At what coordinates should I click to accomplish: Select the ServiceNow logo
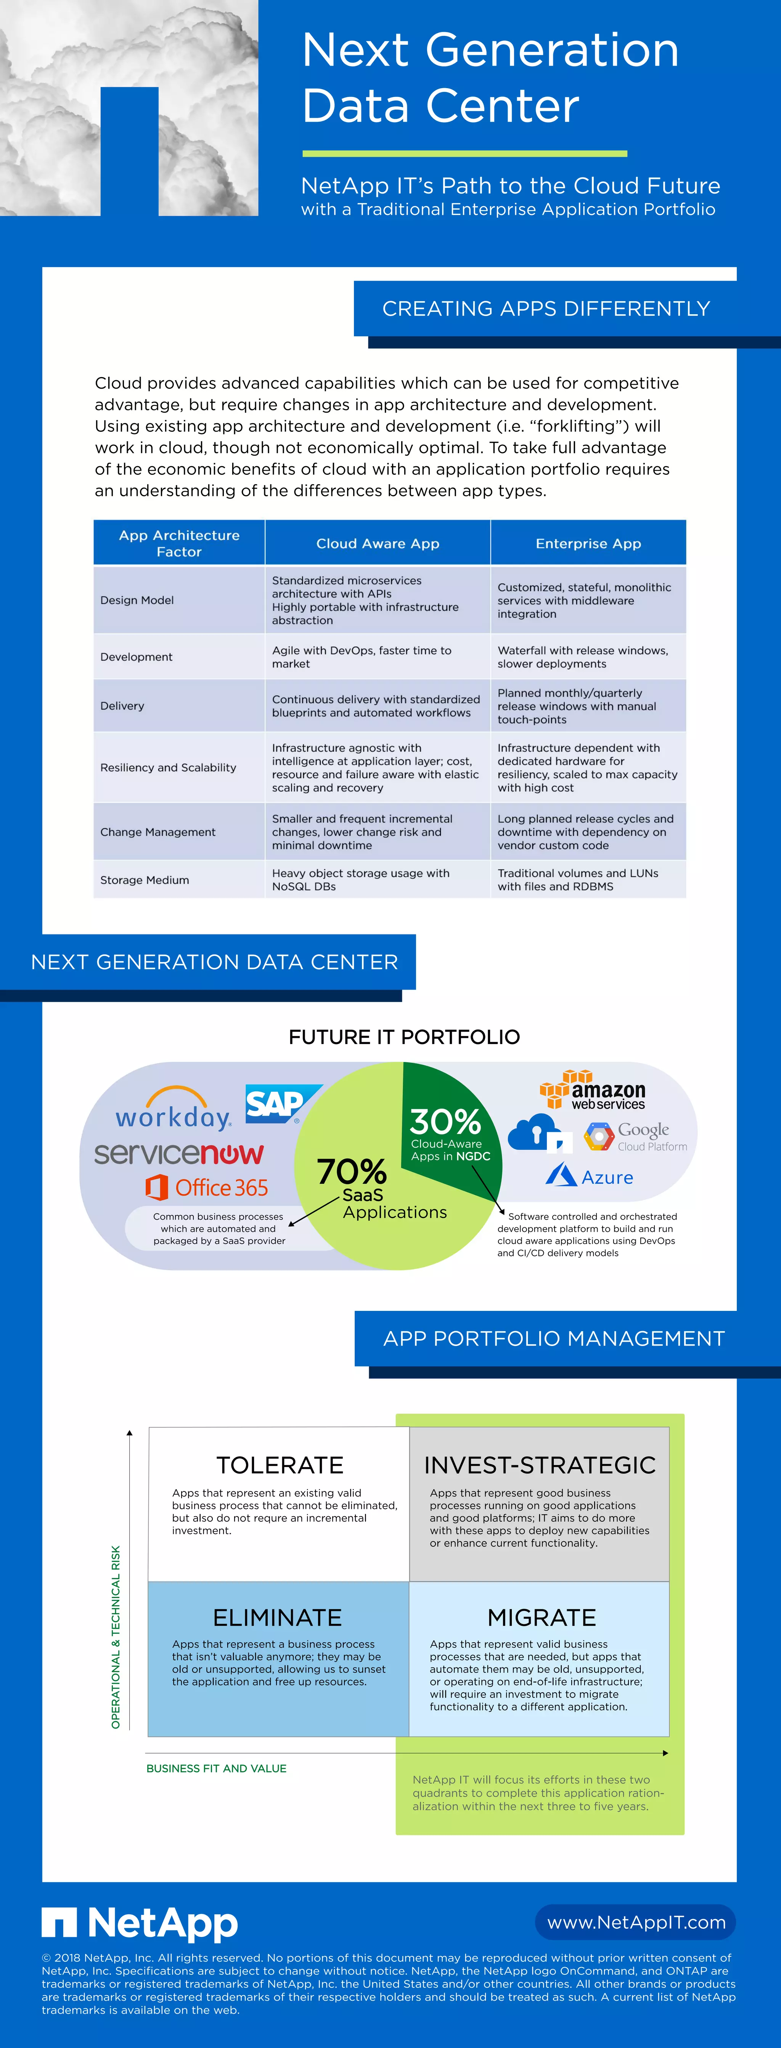(x=179, y=1153)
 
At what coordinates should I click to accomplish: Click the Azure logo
(x=590, y=1177)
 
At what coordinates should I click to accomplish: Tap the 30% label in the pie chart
(x=446, y=1122)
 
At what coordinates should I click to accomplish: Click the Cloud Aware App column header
(x=378, y=544)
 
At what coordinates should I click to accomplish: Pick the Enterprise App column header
(x=588, y=544)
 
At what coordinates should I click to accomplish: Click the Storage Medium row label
(x=145, y=880)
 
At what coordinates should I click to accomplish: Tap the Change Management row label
(x=157, y=831)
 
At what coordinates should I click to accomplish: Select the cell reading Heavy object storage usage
(x=361, y=879)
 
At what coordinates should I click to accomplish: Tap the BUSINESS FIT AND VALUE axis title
(x=216, y=1768)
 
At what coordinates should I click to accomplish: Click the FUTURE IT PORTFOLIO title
(x=403, y=1037)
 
